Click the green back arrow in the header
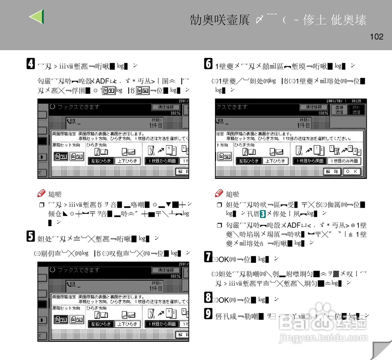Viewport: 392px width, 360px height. (37, 17)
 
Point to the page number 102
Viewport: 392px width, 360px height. (376, 37)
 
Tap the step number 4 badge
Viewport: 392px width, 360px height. (31, 64)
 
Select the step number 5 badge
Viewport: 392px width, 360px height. (31, 236)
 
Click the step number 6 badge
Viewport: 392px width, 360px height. (208, 64)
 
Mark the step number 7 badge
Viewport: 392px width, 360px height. (208, 257)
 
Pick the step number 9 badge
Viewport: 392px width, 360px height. (208, 314)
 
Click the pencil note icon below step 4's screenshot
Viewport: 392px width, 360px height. (41, 193)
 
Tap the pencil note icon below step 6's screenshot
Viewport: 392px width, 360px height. (219, 193)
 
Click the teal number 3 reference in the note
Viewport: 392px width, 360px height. (263, 214)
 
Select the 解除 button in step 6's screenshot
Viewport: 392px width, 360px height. (332, 172)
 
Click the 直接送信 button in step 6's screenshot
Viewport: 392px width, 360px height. (339, 110)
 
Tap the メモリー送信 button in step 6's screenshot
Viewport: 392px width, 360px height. (356, 110)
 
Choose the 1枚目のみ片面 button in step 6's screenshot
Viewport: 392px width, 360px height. (344, 161)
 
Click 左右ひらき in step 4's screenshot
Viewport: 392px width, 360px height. (101, 161)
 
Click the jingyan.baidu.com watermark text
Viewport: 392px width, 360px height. (323, 338)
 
